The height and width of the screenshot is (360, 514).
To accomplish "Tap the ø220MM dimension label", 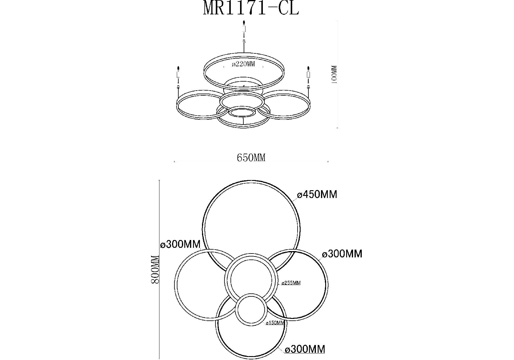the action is coord(243,64).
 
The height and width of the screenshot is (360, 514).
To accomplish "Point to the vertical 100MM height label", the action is coord(335,74).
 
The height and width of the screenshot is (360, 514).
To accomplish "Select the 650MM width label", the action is coord(251,157).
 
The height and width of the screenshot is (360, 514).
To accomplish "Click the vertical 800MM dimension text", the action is coord(155,269).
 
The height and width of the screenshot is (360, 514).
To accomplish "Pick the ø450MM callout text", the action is coord(317,194).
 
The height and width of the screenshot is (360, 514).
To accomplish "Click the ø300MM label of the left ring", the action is coord(180,244).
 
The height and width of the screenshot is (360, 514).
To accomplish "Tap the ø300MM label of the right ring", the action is coord(342,254).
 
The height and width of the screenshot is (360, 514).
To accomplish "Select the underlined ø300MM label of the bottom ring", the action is coord(305,349).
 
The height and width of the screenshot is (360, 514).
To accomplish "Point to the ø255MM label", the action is coord(291,283).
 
